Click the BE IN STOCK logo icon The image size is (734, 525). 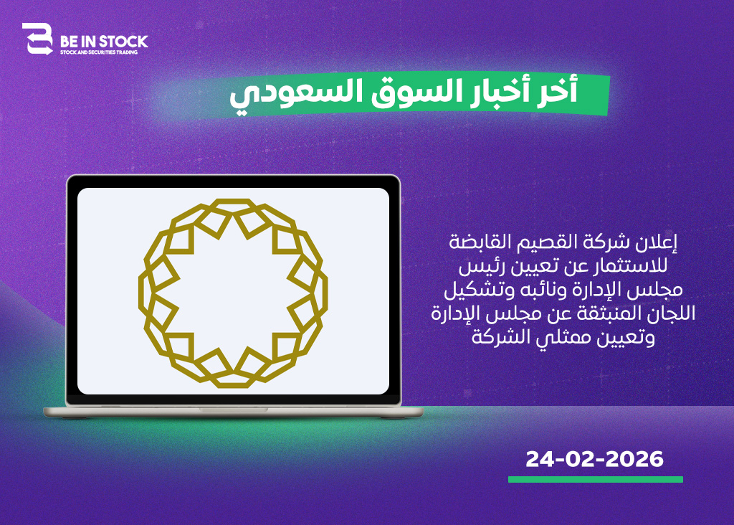pos(37,39)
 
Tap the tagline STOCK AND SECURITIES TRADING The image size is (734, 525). pos(99,52)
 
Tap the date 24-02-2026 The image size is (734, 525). pos(594,459)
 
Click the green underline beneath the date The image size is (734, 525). pos(596,480)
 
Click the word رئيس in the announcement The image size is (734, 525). pos(477,267)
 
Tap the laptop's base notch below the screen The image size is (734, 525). pos(233,410)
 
